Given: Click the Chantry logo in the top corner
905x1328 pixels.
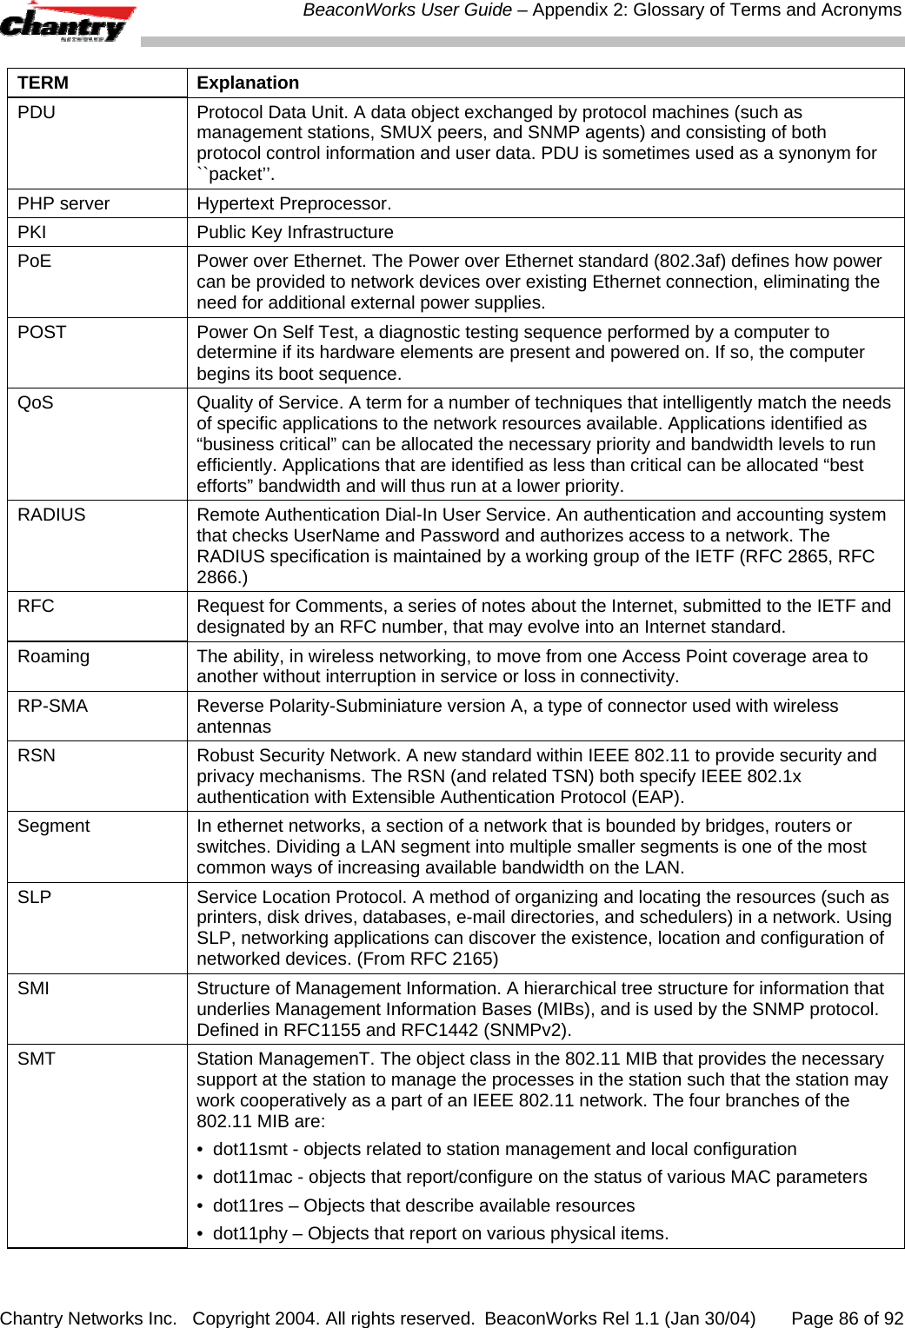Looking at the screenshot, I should tap(67, 23).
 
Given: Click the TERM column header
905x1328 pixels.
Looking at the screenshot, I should tap(43, 83).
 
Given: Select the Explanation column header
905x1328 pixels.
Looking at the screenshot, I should tap(248, 83).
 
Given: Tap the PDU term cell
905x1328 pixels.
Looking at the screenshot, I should tap(37, 112).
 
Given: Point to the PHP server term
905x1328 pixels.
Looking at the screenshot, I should tap(63, 203).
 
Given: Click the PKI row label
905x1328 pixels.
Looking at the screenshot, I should tap(32, 232).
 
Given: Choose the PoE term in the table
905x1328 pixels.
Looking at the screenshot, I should tap(35, 261).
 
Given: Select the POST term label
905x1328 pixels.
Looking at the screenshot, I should tap(42, 332).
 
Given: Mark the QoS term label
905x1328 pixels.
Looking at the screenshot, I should tap(36, 402).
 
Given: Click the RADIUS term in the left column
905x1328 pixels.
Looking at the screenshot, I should tap(51, 515).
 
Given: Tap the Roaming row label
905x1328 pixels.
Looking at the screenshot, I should tap(53, 656).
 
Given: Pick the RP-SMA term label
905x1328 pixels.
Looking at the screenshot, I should tap(52, 706).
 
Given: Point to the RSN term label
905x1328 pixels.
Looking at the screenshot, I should tap(37, 755).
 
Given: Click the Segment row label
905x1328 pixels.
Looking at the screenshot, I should tap(53, 826).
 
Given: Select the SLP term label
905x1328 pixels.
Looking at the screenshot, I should tap(35, 897).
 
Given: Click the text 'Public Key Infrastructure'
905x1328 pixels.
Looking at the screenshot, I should tap(295, 232).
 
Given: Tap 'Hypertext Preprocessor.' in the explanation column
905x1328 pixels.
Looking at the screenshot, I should tap(294, 203).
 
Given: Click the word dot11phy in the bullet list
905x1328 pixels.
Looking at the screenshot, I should tap(250, 1233).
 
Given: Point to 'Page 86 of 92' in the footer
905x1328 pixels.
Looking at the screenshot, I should tap(847, 1318).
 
